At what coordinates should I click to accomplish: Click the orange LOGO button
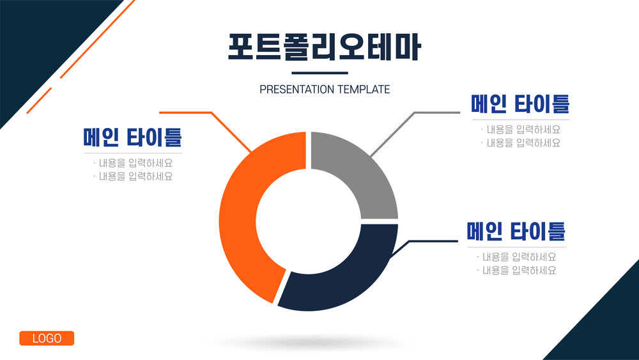point(47,338)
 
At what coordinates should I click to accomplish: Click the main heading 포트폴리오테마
point(325,47)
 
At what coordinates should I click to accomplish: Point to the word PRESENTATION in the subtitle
point(296,90)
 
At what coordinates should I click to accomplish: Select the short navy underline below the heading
point(320,73)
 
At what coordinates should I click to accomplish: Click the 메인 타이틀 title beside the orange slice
point(132,137)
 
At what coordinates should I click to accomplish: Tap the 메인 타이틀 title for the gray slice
point(520,104)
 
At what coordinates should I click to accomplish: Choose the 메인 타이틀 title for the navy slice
point(516,231)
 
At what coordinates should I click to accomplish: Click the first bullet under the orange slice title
point(133,162)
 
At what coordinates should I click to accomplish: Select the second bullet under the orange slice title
point(133,176)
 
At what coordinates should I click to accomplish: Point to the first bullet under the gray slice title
point(521,129)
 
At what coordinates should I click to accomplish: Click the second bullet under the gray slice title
point(521,143)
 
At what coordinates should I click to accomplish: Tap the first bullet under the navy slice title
point(516,257)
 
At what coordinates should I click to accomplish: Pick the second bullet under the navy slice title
point(516,270)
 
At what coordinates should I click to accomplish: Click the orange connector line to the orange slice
point(212,113)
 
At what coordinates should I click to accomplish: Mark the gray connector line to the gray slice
point(415,113)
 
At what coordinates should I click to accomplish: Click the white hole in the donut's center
point(309,221)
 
